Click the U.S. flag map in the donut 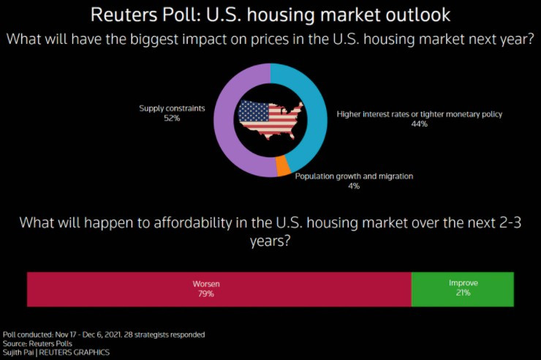point(270,119)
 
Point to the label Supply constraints point(172,108)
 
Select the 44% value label point(419,124)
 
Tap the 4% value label point(354,186)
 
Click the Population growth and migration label point(354,176)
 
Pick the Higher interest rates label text point(419,114)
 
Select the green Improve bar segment point(462,288)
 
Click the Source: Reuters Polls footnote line point(36,343)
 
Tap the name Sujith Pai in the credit point(20,352)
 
